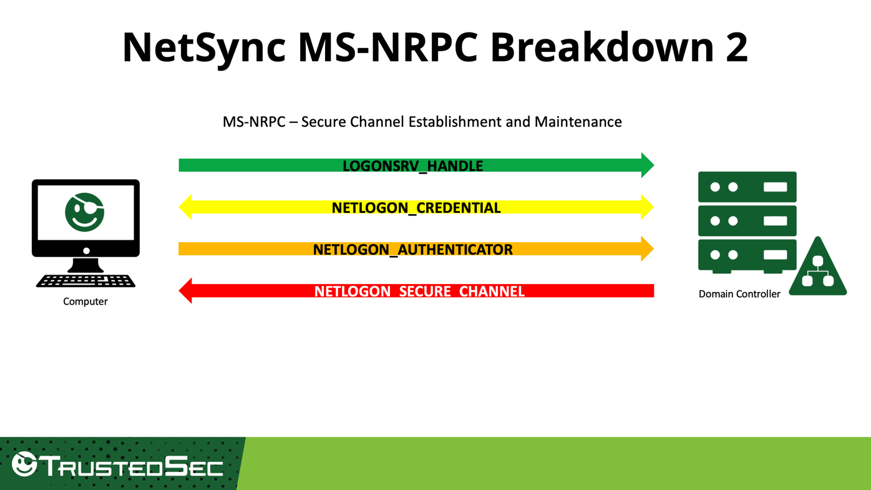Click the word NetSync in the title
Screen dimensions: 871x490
tap(204, 48)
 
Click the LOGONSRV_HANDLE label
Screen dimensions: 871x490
tap(412, 166)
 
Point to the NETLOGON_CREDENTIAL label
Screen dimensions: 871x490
tap(416, 208)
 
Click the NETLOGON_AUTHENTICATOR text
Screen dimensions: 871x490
tap(412, 249)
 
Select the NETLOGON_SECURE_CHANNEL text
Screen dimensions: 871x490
tap(419, 292)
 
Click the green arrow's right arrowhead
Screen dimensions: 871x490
tap(648, 165)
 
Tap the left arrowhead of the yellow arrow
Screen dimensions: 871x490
tap(185, 207)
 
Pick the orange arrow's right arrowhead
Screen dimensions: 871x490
tap(648, 248)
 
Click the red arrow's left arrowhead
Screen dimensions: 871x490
tap(185, 290)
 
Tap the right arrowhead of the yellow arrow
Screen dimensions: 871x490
tap(648, 207)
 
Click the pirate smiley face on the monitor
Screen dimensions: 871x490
tap(84, 212)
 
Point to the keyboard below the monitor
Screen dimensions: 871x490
tap(85, 281)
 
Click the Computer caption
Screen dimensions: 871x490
tap(85, 301)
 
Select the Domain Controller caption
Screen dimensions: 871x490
tap(739, 294)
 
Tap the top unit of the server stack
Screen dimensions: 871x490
tap(747, 187)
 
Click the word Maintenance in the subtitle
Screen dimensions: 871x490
tap(578, 122)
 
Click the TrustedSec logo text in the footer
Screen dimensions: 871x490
tap(132, 466)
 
